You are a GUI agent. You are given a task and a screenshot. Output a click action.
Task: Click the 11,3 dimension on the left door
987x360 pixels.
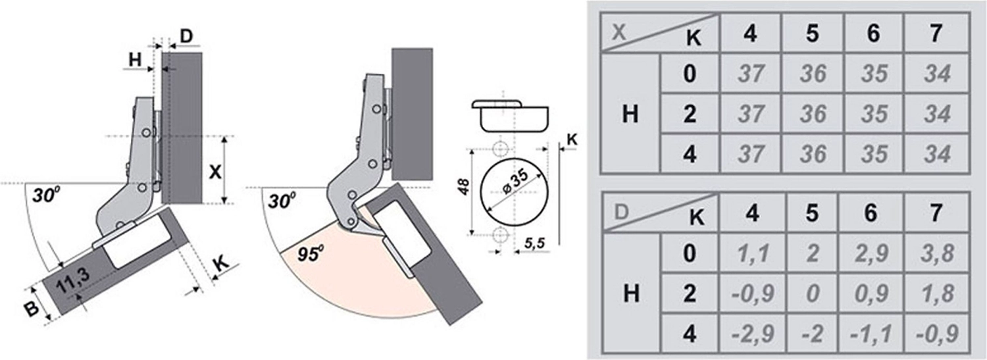point(73,280)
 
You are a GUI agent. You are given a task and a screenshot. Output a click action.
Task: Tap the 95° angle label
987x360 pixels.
point(311,254)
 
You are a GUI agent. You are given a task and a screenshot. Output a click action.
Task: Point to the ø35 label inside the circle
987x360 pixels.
point(515,182)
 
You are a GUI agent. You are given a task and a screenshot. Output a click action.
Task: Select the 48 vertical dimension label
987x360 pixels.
point(464,186)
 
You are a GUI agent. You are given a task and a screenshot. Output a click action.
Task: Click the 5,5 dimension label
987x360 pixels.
point(534,242)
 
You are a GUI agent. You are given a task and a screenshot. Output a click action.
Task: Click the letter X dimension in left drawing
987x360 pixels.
point(215,172)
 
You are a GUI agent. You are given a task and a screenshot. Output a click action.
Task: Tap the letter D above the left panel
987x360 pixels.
point(186,36)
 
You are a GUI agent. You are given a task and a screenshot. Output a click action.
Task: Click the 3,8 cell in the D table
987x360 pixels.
point(937,253)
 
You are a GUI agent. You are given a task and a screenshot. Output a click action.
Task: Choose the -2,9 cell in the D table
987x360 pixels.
point(753,334)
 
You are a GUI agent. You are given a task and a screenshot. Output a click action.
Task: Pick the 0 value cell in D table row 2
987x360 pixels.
point(812,294)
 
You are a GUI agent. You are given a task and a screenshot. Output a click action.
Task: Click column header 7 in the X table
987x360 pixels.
point(936,33)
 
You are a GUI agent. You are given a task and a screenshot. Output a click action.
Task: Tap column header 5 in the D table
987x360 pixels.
point(812,213)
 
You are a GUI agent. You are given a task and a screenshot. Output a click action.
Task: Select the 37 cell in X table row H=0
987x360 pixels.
point(751,73)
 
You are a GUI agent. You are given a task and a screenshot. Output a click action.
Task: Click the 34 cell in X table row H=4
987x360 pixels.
point(937,154)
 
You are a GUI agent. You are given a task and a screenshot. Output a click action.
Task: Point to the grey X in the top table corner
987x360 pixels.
point(619,32)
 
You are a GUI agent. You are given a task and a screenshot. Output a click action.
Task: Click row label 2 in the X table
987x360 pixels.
point(690,114)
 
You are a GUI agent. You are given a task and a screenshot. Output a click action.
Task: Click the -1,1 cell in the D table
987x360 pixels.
point(871,334)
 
